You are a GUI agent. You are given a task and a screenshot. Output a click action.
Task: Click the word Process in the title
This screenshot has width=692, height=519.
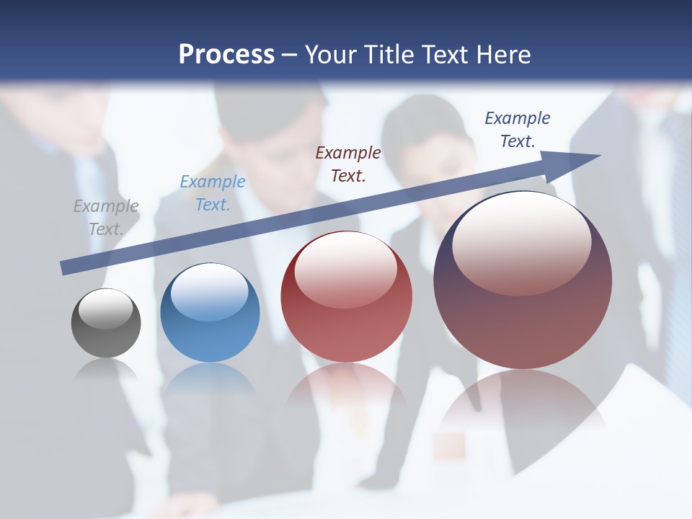226,55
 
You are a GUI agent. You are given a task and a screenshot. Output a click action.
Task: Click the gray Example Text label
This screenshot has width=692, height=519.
106,218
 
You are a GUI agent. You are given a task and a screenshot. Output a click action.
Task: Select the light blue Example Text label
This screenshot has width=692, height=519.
213,193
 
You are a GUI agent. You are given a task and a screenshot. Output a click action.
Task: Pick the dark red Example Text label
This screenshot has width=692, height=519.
348,164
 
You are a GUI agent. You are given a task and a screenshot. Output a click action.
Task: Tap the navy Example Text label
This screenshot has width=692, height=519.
518,130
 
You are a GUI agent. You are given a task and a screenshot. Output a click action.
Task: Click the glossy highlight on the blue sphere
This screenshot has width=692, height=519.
210,292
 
